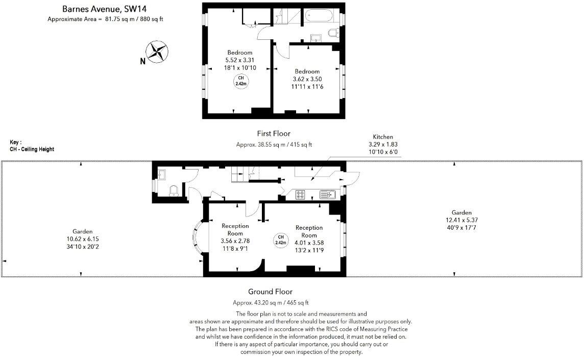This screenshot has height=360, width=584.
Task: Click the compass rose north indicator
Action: pyautogui.click(x=158, y=52)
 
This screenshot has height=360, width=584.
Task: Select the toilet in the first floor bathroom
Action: pyautogui.click(x=333, y=34)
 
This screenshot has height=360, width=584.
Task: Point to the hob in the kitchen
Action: pyautogui.click(x=301, y=194)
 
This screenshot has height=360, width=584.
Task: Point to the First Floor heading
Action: pyautogui.click(x=274, y=134)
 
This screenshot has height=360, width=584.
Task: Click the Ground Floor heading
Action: pyautogui.click(x=270, y=292)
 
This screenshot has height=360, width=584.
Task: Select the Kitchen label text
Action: pyautogui.click(x=383, y=137)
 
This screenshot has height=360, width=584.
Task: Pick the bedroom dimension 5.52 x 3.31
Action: pyautogui.click(x=239, y=60)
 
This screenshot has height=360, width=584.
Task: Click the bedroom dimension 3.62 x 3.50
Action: pyautogui.click(x=307, y=79)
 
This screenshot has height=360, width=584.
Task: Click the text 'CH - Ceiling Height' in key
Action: pyautogui.click(x=32, y=149)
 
